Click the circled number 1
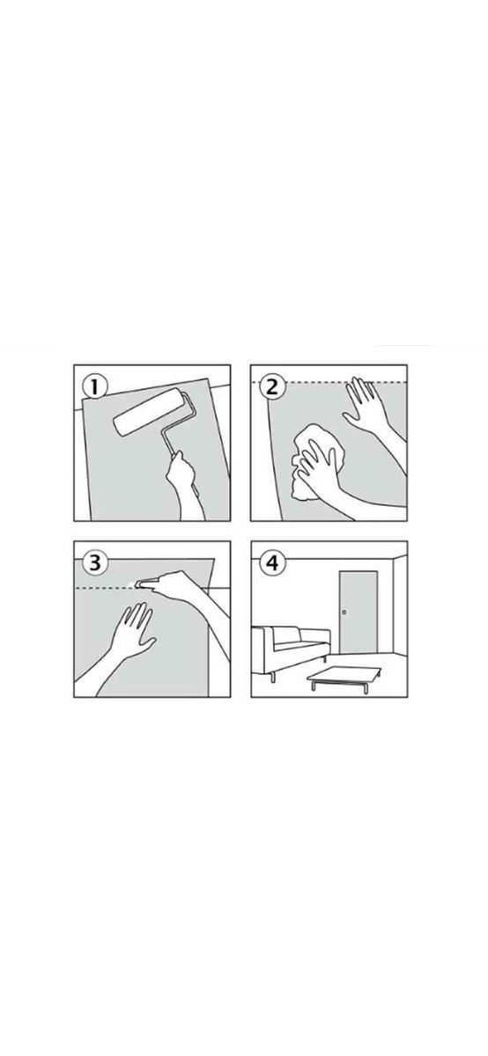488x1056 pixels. click(95, 387)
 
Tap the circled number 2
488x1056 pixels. click(273, 386)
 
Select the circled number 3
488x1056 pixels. click(95, 563)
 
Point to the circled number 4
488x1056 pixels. click(273, 563)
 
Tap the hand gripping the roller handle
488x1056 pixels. click(180, 472)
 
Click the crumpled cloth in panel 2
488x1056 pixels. click(318, 461)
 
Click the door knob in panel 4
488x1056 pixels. click(344, 612)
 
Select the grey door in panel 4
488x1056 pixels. click(359, 612)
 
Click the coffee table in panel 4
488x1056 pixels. click(344, 678)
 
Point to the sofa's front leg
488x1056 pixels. click(272, 677)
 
